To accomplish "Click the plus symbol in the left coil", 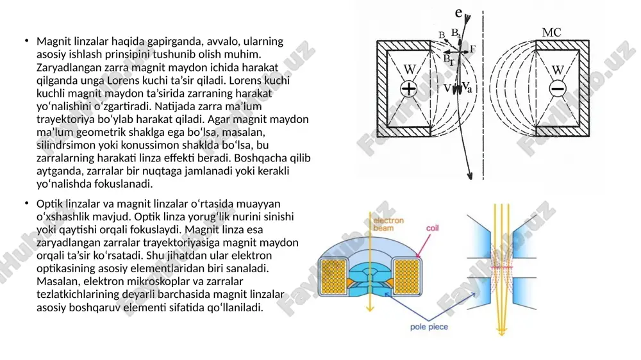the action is (x=408, y=88).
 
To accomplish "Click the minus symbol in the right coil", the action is (x=557, y=88).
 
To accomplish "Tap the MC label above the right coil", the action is (x=551, y=33).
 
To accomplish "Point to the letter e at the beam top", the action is (x=459, y=13).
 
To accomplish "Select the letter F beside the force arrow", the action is (x=472, y=49).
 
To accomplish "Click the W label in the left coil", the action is (x=410, y=69).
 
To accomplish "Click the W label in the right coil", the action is (x=558, y=70).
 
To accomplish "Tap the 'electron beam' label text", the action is (x=388, y=224).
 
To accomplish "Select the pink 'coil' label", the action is (x=432, y=228).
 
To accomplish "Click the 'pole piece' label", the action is (x=429, y=327).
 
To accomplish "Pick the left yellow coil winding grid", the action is (x=333, y=277).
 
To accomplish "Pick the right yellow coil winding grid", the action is (x=407, y=277).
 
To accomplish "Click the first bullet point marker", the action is (x=26, y=40).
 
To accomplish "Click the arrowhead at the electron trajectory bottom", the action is (x=470, y=176).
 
